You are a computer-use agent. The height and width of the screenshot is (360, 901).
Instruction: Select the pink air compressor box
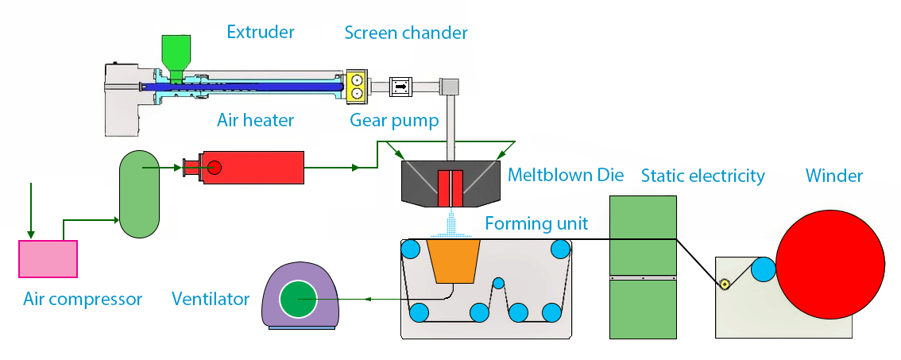[x=48, y=259]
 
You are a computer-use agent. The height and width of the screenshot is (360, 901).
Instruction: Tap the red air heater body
[x=254, y=167]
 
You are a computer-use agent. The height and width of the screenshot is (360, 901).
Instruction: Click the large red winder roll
[x=830, y=265]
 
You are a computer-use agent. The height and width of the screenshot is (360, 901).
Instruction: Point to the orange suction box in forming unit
[x=452, y=261]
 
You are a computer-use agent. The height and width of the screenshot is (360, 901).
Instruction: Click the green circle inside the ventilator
[x=298, y=300]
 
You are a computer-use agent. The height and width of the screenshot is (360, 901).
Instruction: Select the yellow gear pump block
[x=355, y=87]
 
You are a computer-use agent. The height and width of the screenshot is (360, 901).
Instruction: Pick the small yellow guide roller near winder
[x=725, y=285]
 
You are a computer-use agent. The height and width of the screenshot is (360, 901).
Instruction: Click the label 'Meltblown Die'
[x=566, y=175]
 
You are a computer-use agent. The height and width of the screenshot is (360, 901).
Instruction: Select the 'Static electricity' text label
[x=702, y=175]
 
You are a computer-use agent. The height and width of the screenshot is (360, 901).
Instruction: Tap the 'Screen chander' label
[x=405, y=33]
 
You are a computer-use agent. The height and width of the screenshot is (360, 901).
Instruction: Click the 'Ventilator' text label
[x=211, y=300]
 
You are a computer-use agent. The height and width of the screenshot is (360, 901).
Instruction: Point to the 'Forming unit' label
[x=537, y=223]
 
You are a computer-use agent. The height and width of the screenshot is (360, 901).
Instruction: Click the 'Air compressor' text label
[x=83, y=300]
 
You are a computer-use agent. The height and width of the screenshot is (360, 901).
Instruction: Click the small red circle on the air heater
[x=215, y=167]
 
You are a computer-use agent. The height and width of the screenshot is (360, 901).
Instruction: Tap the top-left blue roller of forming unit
[x=410, y=250]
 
